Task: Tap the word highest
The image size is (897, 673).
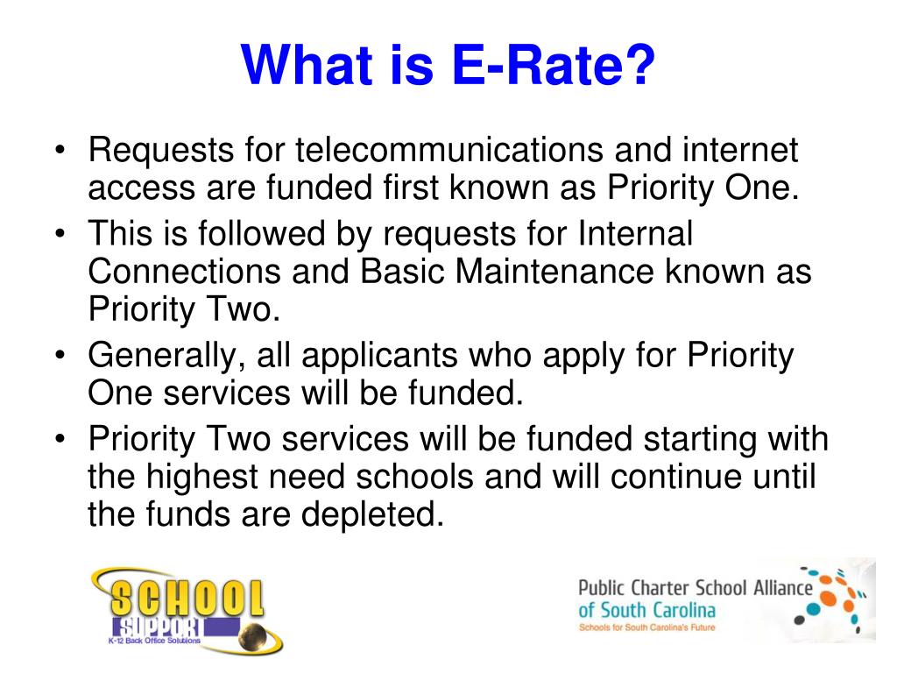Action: point(211,477)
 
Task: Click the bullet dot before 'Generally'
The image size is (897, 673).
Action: point(60,358)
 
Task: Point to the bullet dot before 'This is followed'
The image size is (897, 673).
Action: point(60,235)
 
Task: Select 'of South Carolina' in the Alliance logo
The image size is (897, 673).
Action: point(646,610)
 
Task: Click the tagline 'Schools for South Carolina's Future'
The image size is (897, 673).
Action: point(646,628)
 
